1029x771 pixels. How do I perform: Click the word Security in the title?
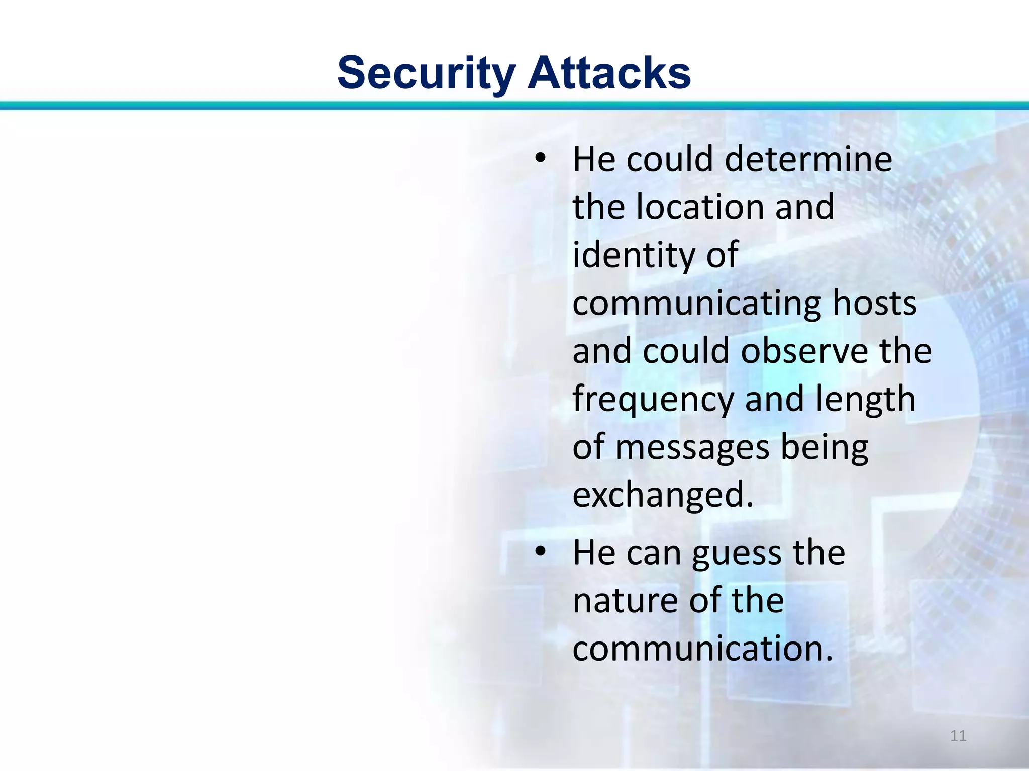point(426,73)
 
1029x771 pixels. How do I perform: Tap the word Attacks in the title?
point(609,73)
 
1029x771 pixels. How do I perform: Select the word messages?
point(692,448)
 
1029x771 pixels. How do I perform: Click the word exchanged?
point(663,495)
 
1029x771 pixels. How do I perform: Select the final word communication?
point(702,649)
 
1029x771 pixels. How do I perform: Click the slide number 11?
point(958,736)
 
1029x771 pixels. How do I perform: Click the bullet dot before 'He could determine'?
point(540,159)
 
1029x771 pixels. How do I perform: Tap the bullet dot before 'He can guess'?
point(540,552)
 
